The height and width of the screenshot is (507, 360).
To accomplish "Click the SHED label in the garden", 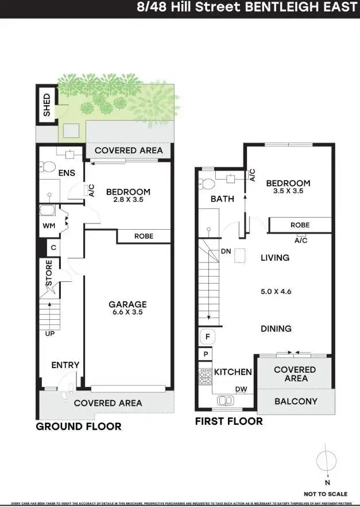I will click(47, 106).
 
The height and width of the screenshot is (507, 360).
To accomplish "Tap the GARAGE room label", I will click(128, 304).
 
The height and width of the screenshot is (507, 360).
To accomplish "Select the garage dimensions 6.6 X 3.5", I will click(128, 313).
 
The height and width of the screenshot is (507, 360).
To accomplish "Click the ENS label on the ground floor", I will click(67, 172).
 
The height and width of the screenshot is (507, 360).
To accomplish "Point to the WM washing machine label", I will click(49, 226).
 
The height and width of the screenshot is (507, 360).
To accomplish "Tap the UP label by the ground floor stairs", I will click(49, 333).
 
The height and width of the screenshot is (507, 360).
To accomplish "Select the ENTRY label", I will click(65, 365).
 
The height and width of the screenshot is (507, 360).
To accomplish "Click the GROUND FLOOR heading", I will click(79, 427).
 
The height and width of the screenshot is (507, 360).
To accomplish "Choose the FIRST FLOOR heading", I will click(229, 421).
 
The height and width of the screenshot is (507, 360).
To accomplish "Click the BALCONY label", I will click(295, 401).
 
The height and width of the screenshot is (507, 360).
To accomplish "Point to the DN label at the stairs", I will click(226, 252).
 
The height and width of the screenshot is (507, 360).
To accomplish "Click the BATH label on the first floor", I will click(222, 199).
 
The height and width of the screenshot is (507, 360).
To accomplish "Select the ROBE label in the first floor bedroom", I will click(300, 226).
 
